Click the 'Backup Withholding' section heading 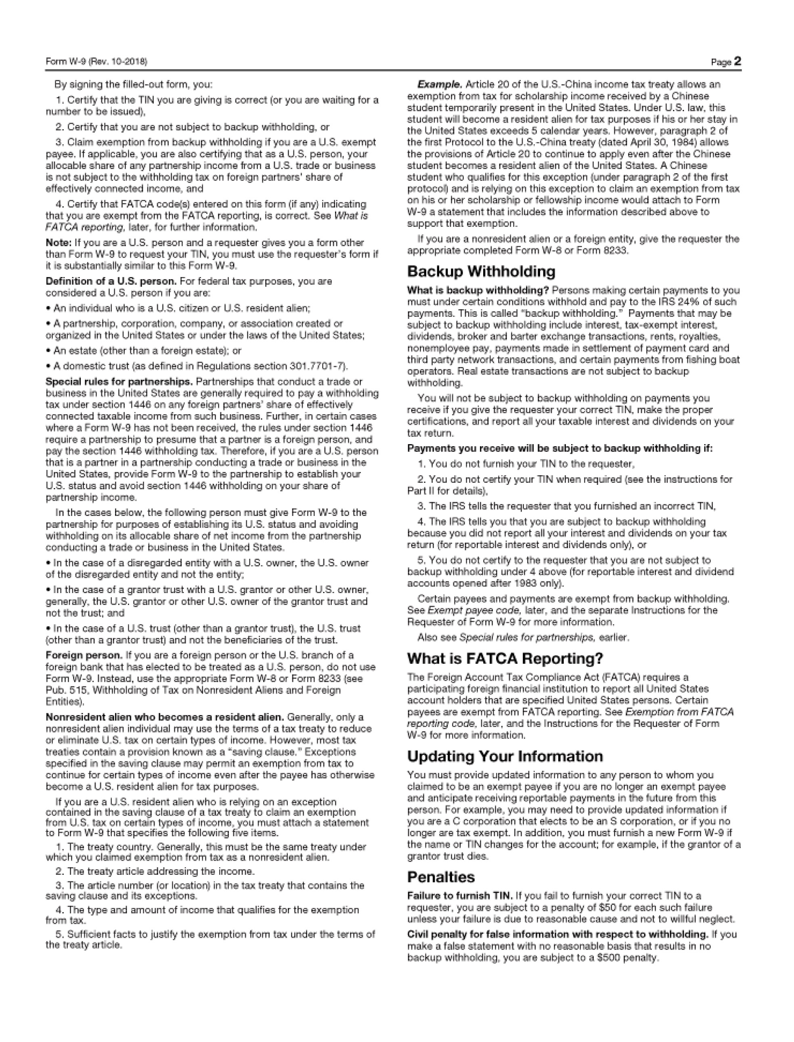(481, 272)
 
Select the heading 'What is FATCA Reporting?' (505, 658)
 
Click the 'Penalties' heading (440, 877)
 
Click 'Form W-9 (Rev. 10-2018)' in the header (96, 62)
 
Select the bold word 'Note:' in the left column (59, 243)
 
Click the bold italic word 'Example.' (440, 85)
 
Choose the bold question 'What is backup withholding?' (478, 290)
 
